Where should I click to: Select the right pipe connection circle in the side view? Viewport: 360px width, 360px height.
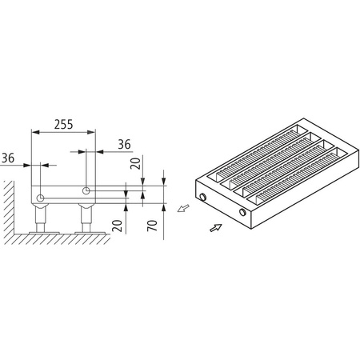coord(86,190)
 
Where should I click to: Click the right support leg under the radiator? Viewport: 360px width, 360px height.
coord(84,218)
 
